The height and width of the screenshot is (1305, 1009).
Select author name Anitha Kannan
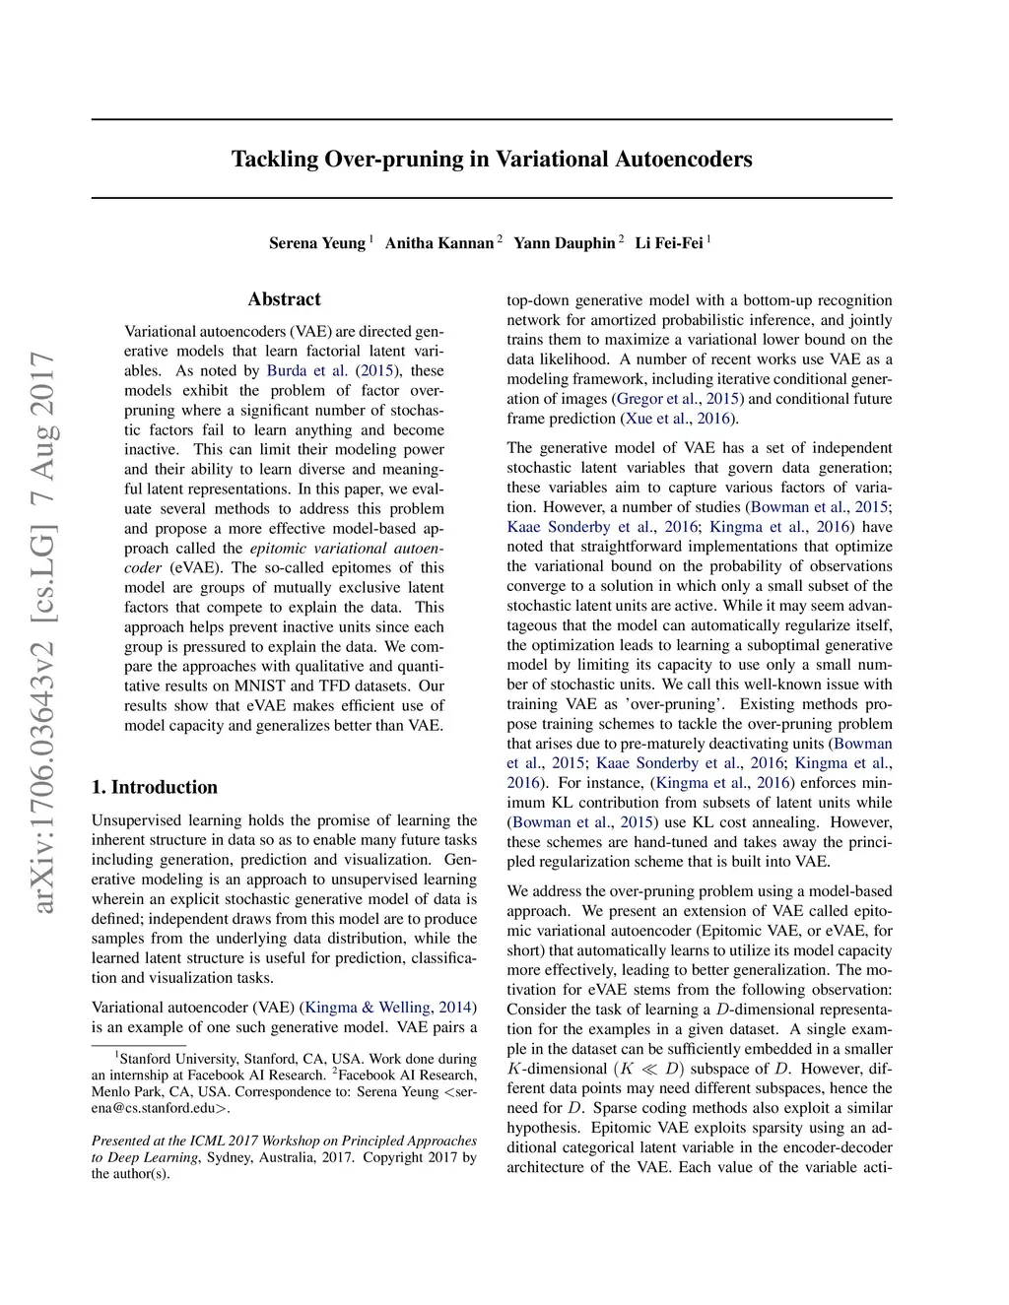(438, 243)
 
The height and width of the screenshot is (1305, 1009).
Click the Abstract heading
(284, 299)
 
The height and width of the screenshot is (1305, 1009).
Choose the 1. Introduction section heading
(155, 787)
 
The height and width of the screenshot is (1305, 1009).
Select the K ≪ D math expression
(651, 1069)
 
